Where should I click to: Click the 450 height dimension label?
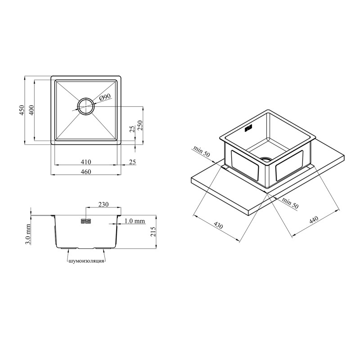click(x=21, y=110)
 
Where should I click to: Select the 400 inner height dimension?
click(x=31, y=110)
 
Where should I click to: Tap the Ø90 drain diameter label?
click(x=105, y=97)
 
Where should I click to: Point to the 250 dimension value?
click(x=140, y=126)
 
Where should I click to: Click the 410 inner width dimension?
click(x=86, y=162)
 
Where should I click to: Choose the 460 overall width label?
click(x=86, y=172)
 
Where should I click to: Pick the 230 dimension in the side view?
click(x=103, y=204)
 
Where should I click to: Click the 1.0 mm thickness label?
click(x=135, y=221)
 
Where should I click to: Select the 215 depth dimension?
click(x=153, y=231)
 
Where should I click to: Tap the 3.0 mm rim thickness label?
click(x=28, y=234)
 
